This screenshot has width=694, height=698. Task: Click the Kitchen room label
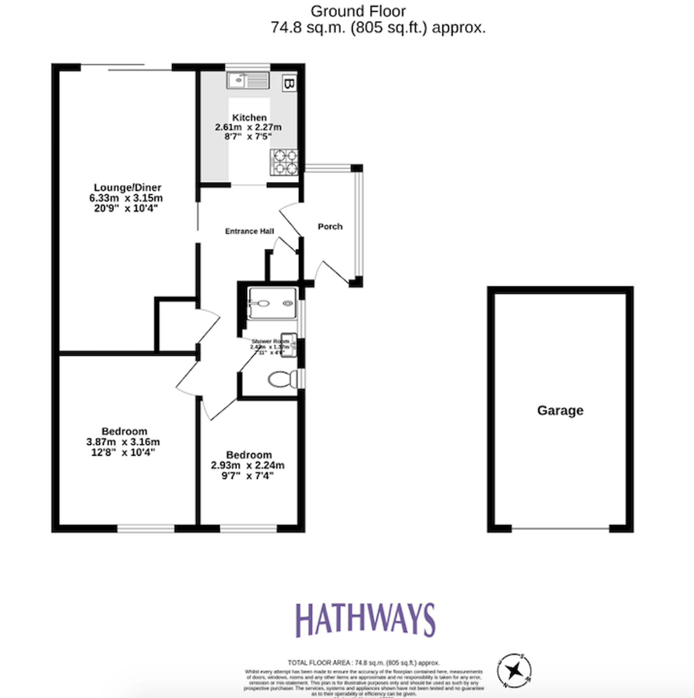click(249, 117)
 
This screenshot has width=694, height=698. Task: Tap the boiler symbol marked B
click(289, 84)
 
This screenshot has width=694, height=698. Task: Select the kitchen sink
click(248, 80)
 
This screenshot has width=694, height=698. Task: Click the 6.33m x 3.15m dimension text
click(126, 198)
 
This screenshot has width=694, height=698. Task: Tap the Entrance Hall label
click(249, 231)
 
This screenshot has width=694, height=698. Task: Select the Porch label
click(330, 227)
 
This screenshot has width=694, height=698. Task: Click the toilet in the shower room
click(282, 379)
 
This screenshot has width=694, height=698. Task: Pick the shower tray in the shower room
click(272, 303)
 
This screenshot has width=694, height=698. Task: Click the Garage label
click(560, 410)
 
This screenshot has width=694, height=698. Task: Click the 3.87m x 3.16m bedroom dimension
click(123, 442)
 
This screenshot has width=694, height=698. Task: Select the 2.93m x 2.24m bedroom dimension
click(247, 465)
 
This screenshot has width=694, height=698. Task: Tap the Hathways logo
click(365, 621)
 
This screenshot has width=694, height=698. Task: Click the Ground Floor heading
click(358, 11)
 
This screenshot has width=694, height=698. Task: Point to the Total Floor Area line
click(363, 663)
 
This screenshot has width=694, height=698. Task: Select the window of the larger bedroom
click(146, 529)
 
